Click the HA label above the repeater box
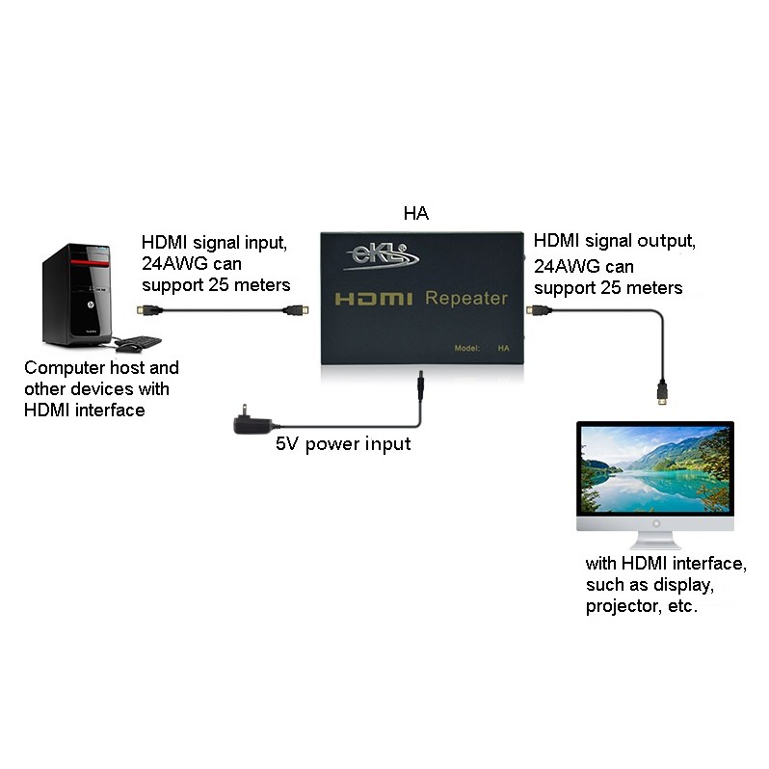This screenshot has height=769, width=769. tap(416, 213)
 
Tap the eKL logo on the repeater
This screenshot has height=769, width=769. tap(381, 256)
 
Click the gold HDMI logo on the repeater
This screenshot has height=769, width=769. tap(374, 299)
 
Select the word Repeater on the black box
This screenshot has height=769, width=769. tap(466, 298)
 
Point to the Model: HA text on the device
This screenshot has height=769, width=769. tap(482, 348)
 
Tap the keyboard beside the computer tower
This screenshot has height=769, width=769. tap(140, 341)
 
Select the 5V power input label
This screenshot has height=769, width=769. tap(343, 444)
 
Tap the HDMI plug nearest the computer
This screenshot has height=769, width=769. tap(149, 310)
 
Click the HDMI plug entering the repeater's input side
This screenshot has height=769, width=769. tap(295, 310)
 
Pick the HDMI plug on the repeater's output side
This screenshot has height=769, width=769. tap(539, 310)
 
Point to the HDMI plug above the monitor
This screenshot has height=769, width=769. tap(662, 392)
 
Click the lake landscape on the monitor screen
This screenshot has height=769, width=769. tap(655, 468)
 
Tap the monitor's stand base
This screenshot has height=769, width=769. tap(655, 544)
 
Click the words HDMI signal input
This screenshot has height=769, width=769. tap(214, 243)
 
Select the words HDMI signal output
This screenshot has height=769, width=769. tap(615, 241)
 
